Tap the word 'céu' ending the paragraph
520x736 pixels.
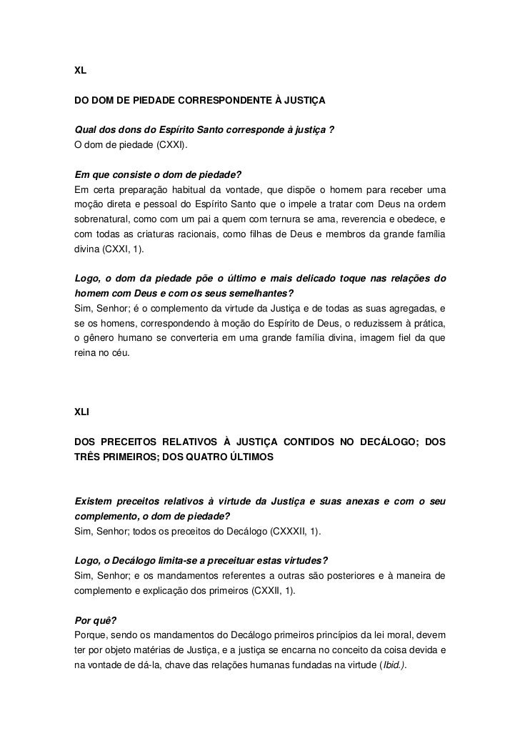pos(120,354)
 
